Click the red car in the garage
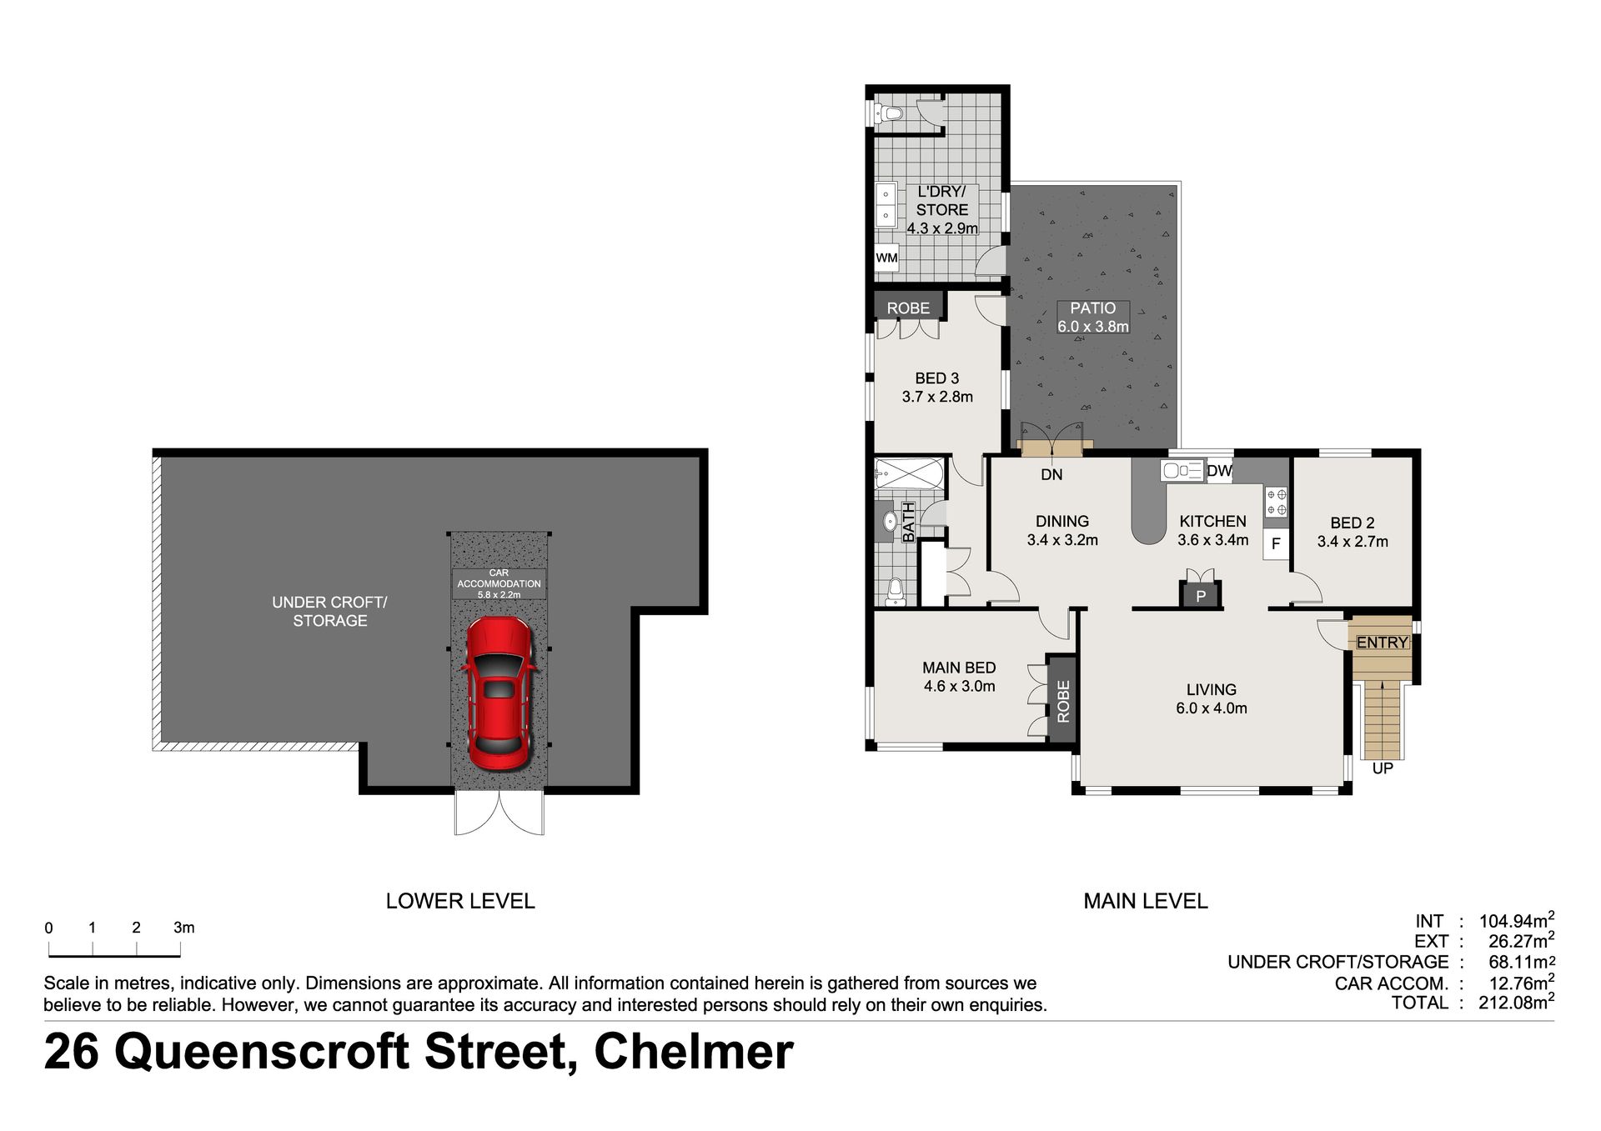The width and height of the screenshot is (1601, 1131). point(498,694)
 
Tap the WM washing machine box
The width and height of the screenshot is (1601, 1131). point(886,258)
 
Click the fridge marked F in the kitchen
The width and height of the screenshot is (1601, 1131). point(1276,546)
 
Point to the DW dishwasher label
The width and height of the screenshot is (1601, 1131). point(1219,471)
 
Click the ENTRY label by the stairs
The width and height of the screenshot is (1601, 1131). point(1382,643)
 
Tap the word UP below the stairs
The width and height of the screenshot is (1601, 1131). point(1383,768)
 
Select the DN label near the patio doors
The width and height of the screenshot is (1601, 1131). point(1052,474)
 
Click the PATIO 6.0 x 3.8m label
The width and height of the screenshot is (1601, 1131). point(1093,318)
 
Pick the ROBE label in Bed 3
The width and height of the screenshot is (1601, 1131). point(908,308)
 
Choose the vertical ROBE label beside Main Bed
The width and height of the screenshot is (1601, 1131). point(1062,701)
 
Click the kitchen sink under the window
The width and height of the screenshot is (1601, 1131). point(1182,471)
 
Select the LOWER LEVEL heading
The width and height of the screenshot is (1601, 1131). point(460,901)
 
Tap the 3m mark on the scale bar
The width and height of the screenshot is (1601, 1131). point(183,928)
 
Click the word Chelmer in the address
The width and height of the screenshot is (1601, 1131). point(693,1051)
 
